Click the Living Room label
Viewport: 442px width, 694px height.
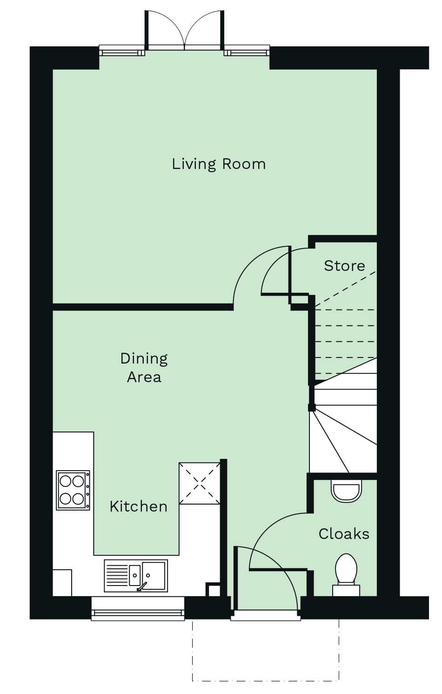(x=219, y=164)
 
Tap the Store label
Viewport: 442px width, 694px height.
(x=344, y=266)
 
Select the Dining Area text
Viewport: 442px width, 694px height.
(x=144, y=368)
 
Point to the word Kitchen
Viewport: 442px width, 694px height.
(x=139, y=506)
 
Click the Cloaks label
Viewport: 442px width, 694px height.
(x=344, y=534)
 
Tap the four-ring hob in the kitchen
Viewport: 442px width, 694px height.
(x=73, y=490)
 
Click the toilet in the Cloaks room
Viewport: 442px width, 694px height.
(x=346, y=575)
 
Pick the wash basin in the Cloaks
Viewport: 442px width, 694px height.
(x=346, y=491)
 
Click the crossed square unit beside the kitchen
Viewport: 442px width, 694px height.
(x=200, y=483)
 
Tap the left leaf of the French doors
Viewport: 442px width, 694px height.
(x=166, y=30)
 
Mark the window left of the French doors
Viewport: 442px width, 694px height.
(x=122, y=51)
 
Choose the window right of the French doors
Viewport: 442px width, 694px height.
(x=247, y=51)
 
